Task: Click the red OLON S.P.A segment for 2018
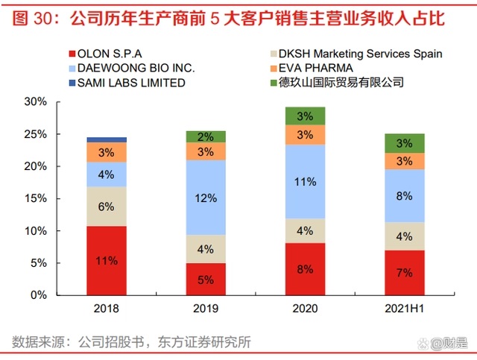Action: (x=107, y=260)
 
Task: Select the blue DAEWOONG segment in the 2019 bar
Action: (x=206, y=198)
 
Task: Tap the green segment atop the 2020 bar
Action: (x=305, y=116)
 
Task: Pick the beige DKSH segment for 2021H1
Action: (x=404, y=236)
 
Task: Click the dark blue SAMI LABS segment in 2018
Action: (x=107, y=139)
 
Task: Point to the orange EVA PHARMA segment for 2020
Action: (x=305, y=134)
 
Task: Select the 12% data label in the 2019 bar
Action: (x=206, y=198)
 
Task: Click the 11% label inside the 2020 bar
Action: (x=306, y=181)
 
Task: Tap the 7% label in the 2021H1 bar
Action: (x=405, y=273)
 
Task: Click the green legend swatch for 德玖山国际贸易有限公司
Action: (x=274, y=82)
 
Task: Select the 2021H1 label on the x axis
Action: (x=405, y=309)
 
